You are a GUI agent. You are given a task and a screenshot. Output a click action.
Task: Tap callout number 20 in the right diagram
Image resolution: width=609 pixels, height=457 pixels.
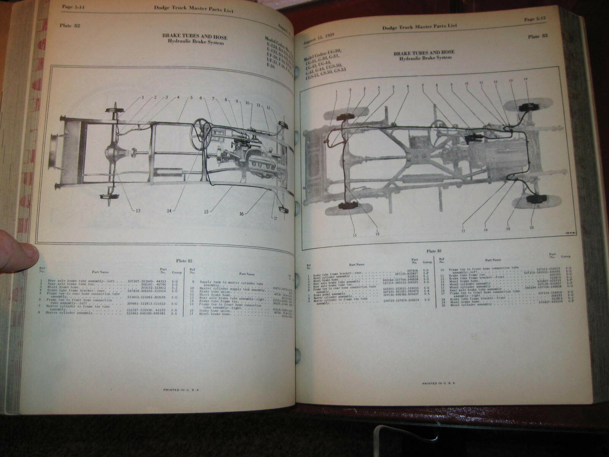(x=531, y=228)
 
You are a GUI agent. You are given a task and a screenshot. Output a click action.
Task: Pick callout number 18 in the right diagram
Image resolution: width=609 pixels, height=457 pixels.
(x=485, y=230)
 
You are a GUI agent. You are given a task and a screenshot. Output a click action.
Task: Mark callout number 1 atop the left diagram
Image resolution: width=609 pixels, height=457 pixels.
(x=143, y=97)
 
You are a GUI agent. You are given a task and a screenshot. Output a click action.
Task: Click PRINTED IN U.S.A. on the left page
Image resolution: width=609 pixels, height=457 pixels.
(x=181, y=390)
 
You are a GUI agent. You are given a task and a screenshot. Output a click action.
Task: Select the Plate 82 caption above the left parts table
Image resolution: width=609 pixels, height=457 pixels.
(x=184, y=261)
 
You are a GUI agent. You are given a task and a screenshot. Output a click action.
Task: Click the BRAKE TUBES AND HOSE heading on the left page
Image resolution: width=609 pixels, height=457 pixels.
(x=194, y=37)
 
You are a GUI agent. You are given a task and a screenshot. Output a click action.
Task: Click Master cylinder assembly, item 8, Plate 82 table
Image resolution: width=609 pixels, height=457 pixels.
(x=70, y=313)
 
